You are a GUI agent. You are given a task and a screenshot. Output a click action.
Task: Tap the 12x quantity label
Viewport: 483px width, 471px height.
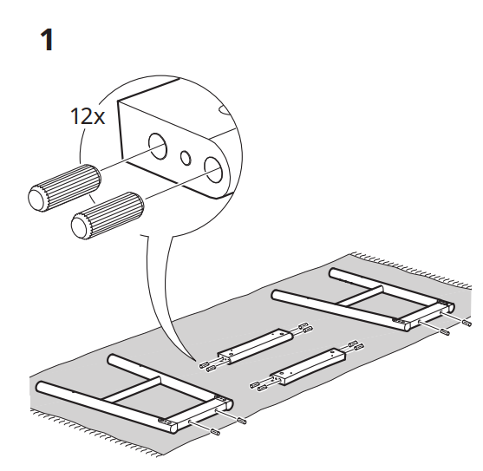click(87, 116)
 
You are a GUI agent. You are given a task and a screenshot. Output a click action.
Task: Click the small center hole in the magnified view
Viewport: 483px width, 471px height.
click(185, 157)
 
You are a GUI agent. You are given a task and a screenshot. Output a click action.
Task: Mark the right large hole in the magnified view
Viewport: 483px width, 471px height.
click(213, 167)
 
